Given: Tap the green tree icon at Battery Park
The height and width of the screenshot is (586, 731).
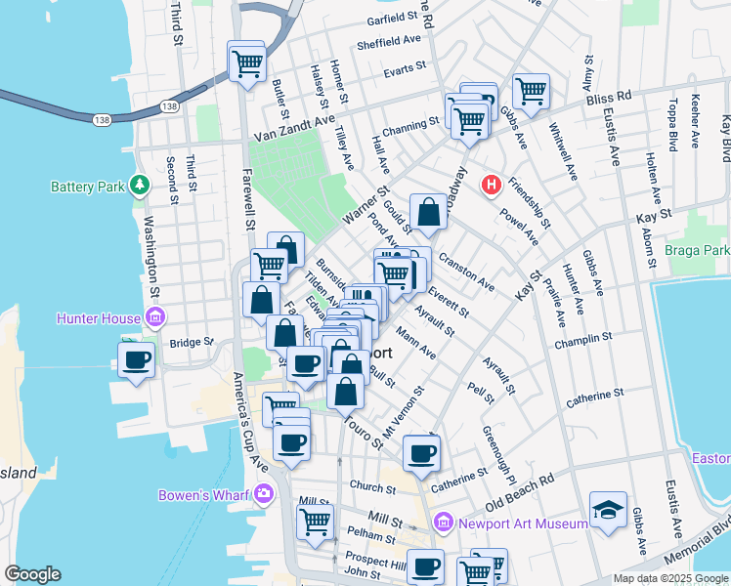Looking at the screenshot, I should pyautogui.click(x=141, y=184).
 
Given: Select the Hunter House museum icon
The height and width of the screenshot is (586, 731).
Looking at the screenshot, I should pyautogui.click(x=154, y=316).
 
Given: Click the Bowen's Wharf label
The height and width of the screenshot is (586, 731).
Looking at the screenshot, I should pyautogui.click(x=205, y=495).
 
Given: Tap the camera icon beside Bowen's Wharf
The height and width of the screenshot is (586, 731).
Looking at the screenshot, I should pyautogui.click(x=264, y=494).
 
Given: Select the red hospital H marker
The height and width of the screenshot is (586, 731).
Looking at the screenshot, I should pyautogui.click(x=493, y=184).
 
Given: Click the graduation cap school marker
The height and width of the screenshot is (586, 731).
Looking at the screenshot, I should pyautogui.click(x=608, y=509).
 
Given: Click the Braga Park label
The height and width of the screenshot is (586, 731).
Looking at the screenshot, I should pyautogui.click(x=697, y=251).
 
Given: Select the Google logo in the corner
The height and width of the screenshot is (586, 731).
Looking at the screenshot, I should pyautogui.click(x=33, y=574).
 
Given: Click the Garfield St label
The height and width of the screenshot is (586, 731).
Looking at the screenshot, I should pyautogui.click(x=394, y=19).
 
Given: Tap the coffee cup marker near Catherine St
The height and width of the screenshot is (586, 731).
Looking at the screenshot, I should pyautogui.click(x=421, y=452).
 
